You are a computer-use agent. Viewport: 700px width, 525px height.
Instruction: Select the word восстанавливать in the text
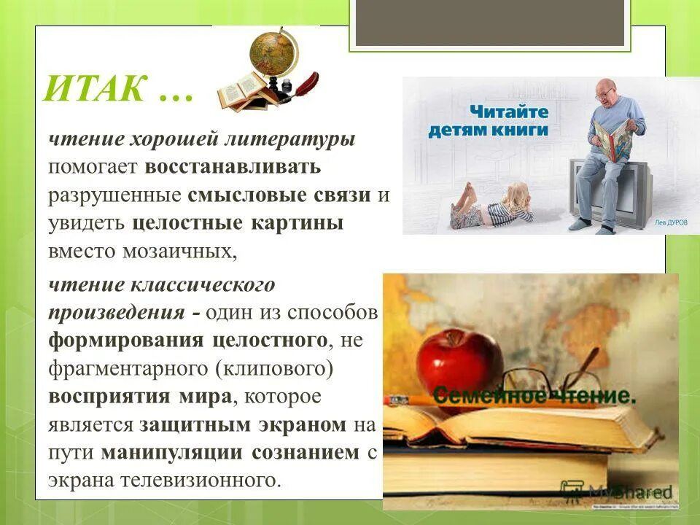[233, 166]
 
